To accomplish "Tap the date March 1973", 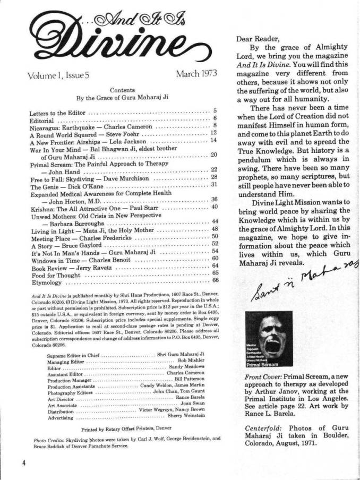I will tap(196, 74).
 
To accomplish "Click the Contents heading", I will tap(122, 90).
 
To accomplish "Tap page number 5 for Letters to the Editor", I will tap(215, 109).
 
